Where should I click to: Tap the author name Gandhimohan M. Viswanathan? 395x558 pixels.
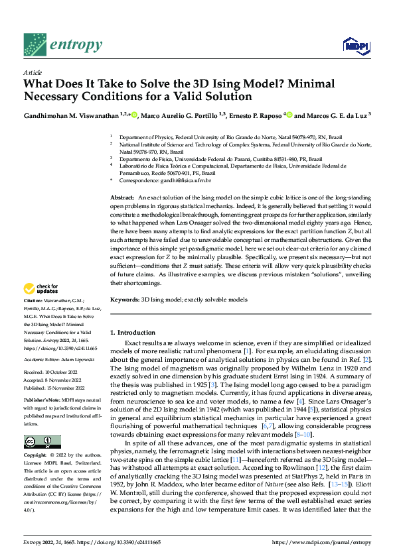tap(70, 115)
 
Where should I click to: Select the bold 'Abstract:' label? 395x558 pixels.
tap(123, 198)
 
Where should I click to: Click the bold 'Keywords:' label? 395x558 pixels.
tap(125, 300)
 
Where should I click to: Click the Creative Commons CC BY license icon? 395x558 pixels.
tap(42, 442)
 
